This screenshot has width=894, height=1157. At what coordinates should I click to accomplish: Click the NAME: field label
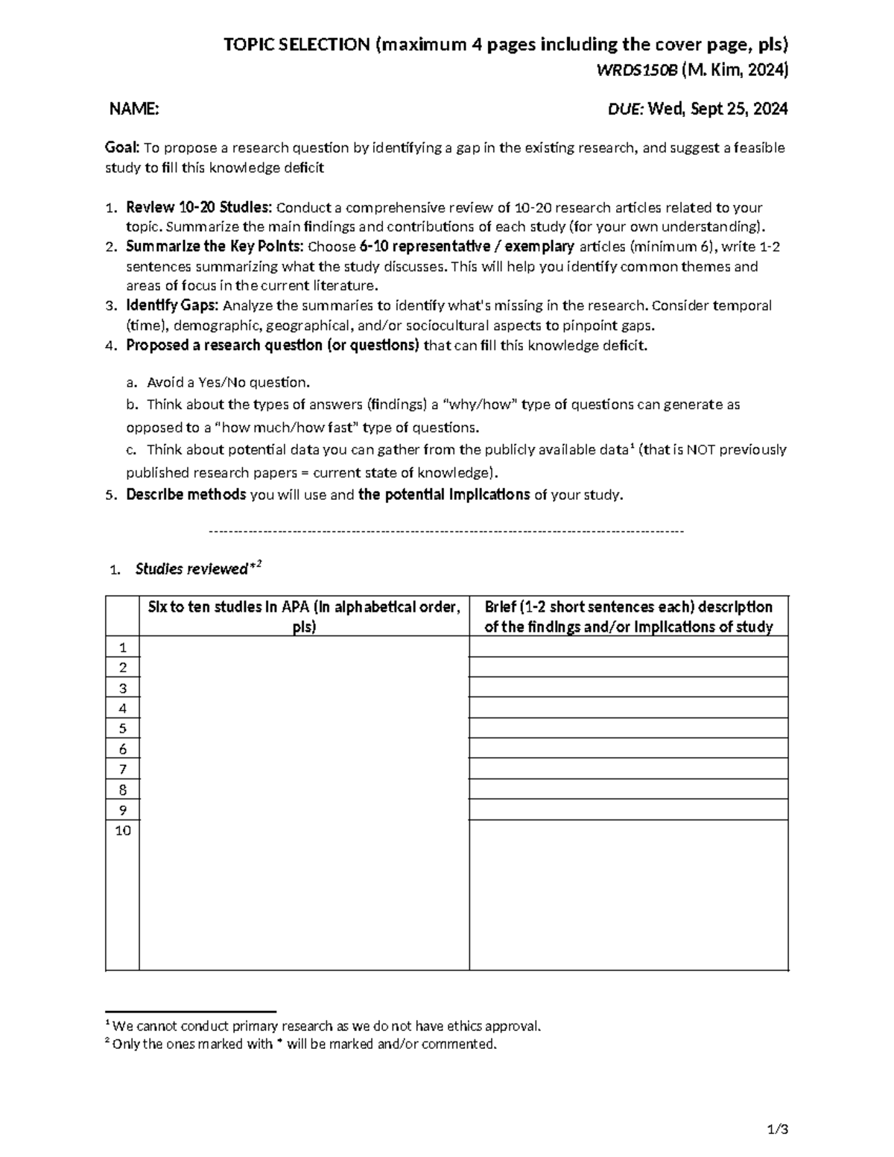(x=134, y=110)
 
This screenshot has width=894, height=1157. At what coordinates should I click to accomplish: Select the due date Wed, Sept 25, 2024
(x=717, y=110)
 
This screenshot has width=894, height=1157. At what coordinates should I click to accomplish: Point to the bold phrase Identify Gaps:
(x=172, y=305)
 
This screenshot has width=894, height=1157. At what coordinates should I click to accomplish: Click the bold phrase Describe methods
(x=186, y=495)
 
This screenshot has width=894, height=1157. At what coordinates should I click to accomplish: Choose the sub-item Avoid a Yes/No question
(x=227, y=383)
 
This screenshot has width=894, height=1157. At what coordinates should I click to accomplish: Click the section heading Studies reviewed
(x=191, y=569)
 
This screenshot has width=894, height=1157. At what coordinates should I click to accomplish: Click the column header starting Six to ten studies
(x=304, y=616)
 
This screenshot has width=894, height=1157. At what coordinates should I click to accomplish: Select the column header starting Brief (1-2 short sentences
(x=628, y=616)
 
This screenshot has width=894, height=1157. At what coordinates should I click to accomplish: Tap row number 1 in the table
(x=123, y=647)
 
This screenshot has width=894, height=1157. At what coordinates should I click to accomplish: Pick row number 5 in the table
(x=123, y=729)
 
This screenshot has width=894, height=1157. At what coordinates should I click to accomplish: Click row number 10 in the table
(x=123, y=831)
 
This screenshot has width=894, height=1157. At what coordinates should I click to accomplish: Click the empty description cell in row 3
(x=628, y=687)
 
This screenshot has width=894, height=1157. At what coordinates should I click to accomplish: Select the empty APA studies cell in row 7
(x=304, y=769)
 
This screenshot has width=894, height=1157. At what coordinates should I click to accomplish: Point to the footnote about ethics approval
(x=325, y=1026)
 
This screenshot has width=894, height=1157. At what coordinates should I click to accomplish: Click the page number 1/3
(x=777, y=1129)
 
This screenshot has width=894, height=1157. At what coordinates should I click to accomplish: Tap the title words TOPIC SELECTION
(x=296, y=45)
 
